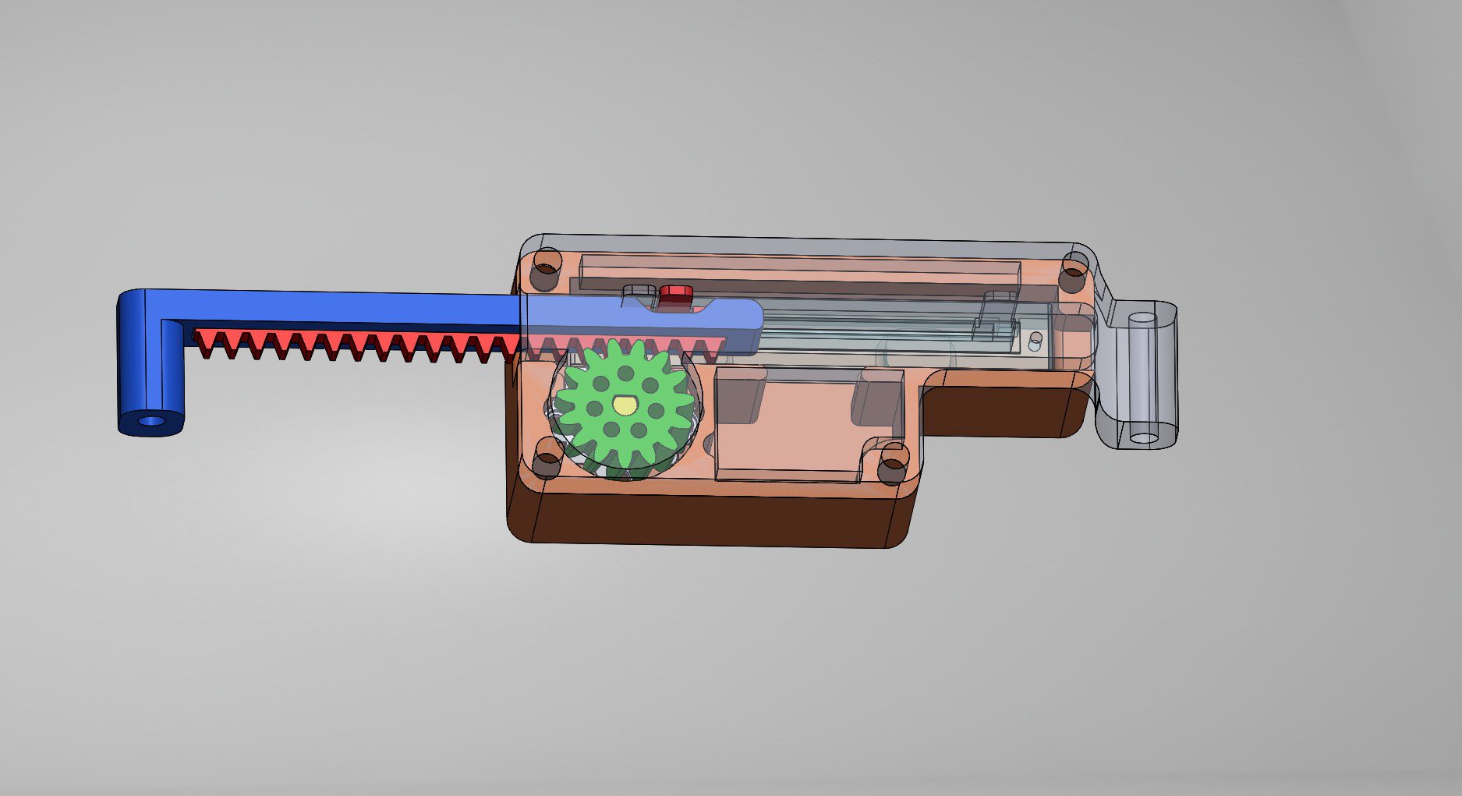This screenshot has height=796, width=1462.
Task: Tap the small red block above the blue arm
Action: (x=676, y=295)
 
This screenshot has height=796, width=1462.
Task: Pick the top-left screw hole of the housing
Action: (x=546, y=267)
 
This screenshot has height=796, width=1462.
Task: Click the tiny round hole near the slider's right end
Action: (x=1035, y=339)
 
